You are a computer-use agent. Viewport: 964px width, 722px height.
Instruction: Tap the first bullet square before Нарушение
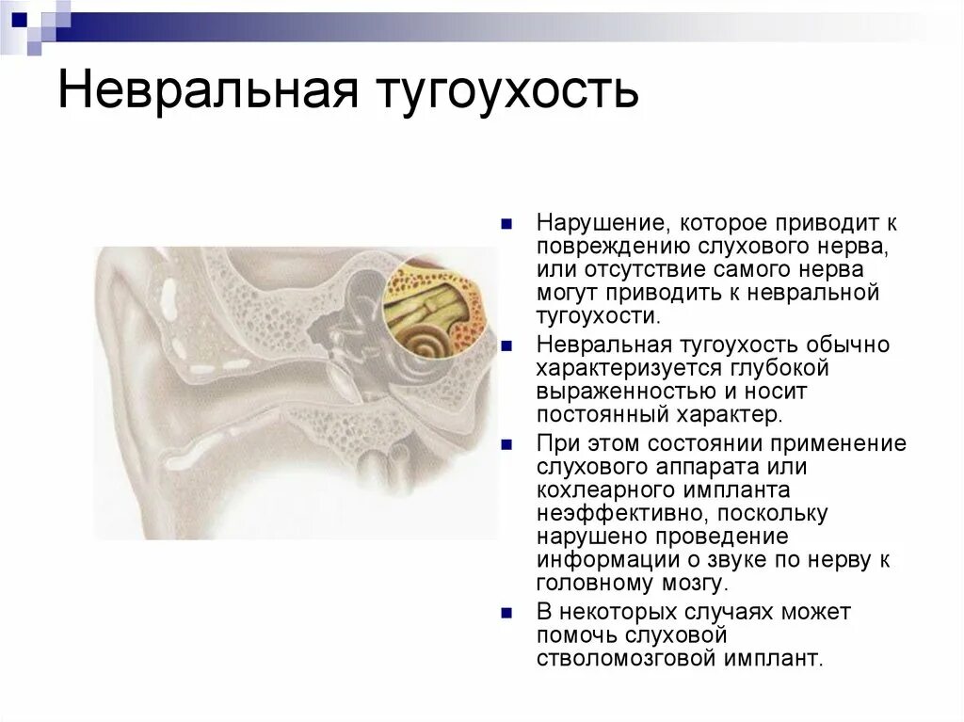506,225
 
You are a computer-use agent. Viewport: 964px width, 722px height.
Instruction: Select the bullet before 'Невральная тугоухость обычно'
506,345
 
